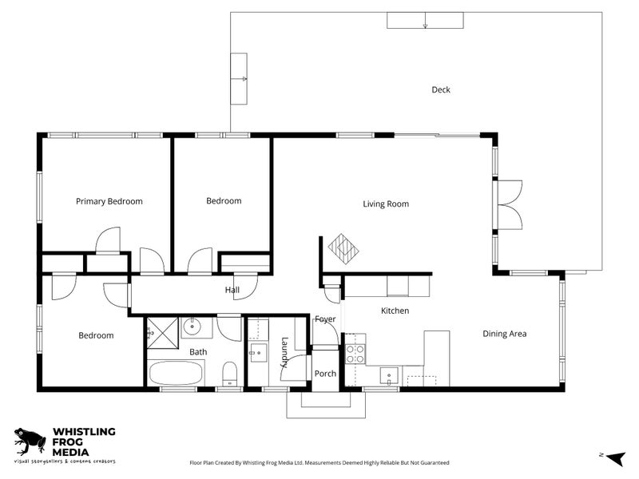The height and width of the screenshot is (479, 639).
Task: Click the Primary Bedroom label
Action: [109, 202]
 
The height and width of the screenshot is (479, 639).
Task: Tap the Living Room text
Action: [386, 204]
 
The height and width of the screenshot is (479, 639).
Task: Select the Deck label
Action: [441, 89]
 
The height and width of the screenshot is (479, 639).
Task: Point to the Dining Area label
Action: [505, 334]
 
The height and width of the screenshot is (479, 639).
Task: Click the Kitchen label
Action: [395, 311]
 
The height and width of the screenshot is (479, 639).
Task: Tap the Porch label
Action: [325, 374]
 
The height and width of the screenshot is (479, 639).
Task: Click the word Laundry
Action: [284, 352]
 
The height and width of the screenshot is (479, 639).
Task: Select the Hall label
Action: [232, 290]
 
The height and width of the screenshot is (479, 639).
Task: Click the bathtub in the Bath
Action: [176, 373]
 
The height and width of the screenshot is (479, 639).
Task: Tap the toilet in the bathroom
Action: [230, 374]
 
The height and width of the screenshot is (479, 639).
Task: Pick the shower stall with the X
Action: [163, 333]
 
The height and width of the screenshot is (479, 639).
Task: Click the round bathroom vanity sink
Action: [191, 326]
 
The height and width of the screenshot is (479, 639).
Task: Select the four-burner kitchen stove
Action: [355, 354]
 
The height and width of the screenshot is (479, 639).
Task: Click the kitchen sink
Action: [389, 375]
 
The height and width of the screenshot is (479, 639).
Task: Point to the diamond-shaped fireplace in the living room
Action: [343, 249]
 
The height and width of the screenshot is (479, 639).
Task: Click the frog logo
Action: [30, 441]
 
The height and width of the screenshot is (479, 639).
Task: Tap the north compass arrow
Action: [615, 458]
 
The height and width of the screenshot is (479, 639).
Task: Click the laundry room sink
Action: [258, 353]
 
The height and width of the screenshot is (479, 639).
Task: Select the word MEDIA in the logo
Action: [70, 453]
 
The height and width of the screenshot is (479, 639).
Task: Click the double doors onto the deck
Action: [509, 205]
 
